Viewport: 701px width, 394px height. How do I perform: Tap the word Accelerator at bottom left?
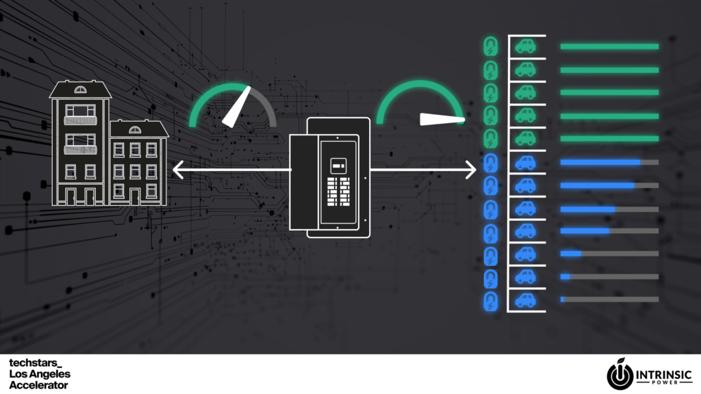tap(38, 385)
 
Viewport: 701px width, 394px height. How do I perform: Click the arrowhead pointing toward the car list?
tap(471, 169)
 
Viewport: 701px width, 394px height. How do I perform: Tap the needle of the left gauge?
tap(234, 110)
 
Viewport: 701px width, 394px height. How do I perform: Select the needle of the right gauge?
tap(442, 119)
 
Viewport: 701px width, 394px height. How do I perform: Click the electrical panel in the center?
tap(330, 176)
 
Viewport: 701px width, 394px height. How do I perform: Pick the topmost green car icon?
tap(526, 47)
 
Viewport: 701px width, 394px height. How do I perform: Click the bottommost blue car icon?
tap(526, 300)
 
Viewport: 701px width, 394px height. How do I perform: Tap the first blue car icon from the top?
tap(526, 163)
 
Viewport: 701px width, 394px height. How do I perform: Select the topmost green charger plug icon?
tap(490, 47)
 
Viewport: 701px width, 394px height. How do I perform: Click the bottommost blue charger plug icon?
tap(490, 300)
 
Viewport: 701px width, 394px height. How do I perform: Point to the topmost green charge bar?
tap(609, 47)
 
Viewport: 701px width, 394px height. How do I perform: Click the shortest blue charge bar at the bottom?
tap(562, 300)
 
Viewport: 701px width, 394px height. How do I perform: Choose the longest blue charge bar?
tap(600, 163)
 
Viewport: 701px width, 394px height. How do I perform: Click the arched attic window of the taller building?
tap(81, 89)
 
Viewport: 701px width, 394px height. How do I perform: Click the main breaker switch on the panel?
tap(337, 165)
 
